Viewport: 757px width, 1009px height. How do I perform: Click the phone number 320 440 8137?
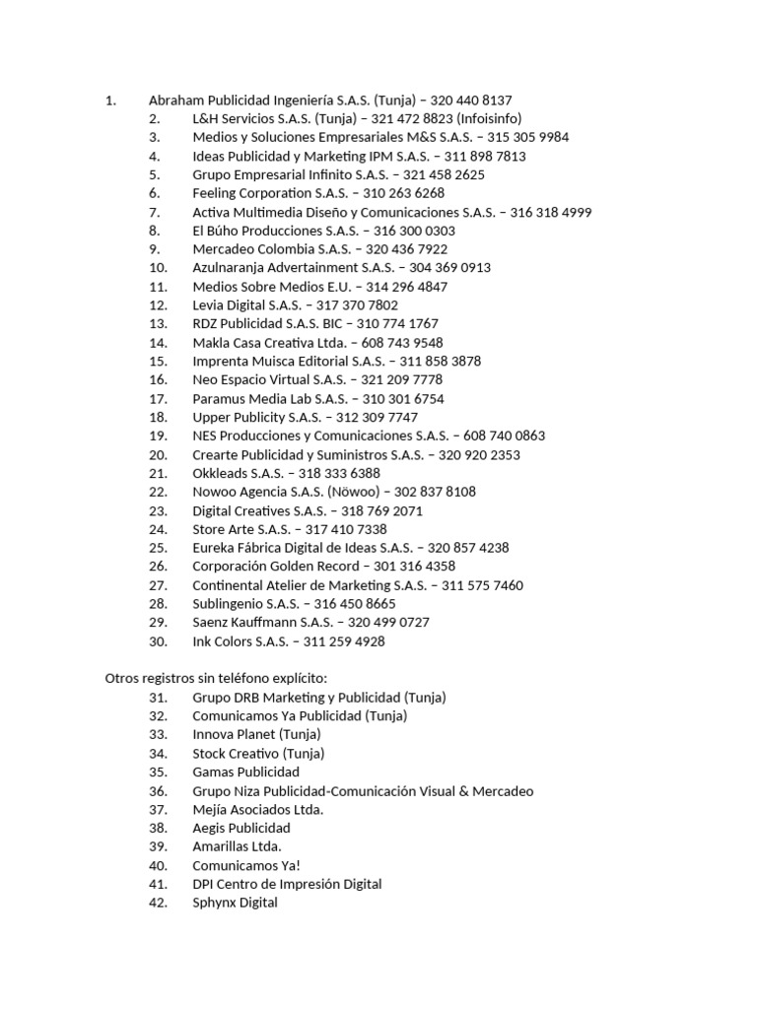471,100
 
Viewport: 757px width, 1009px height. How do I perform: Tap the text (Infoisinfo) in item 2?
490,118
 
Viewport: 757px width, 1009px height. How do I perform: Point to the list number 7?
154,212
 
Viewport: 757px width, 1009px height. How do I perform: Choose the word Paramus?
220,398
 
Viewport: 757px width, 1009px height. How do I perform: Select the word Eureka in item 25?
214,548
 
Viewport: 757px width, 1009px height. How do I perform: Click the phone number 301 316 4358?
415,567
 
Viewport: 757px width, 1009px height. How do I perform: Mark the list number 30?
159,641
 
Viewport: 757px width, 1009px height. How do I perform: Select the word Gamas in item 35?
213,773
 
